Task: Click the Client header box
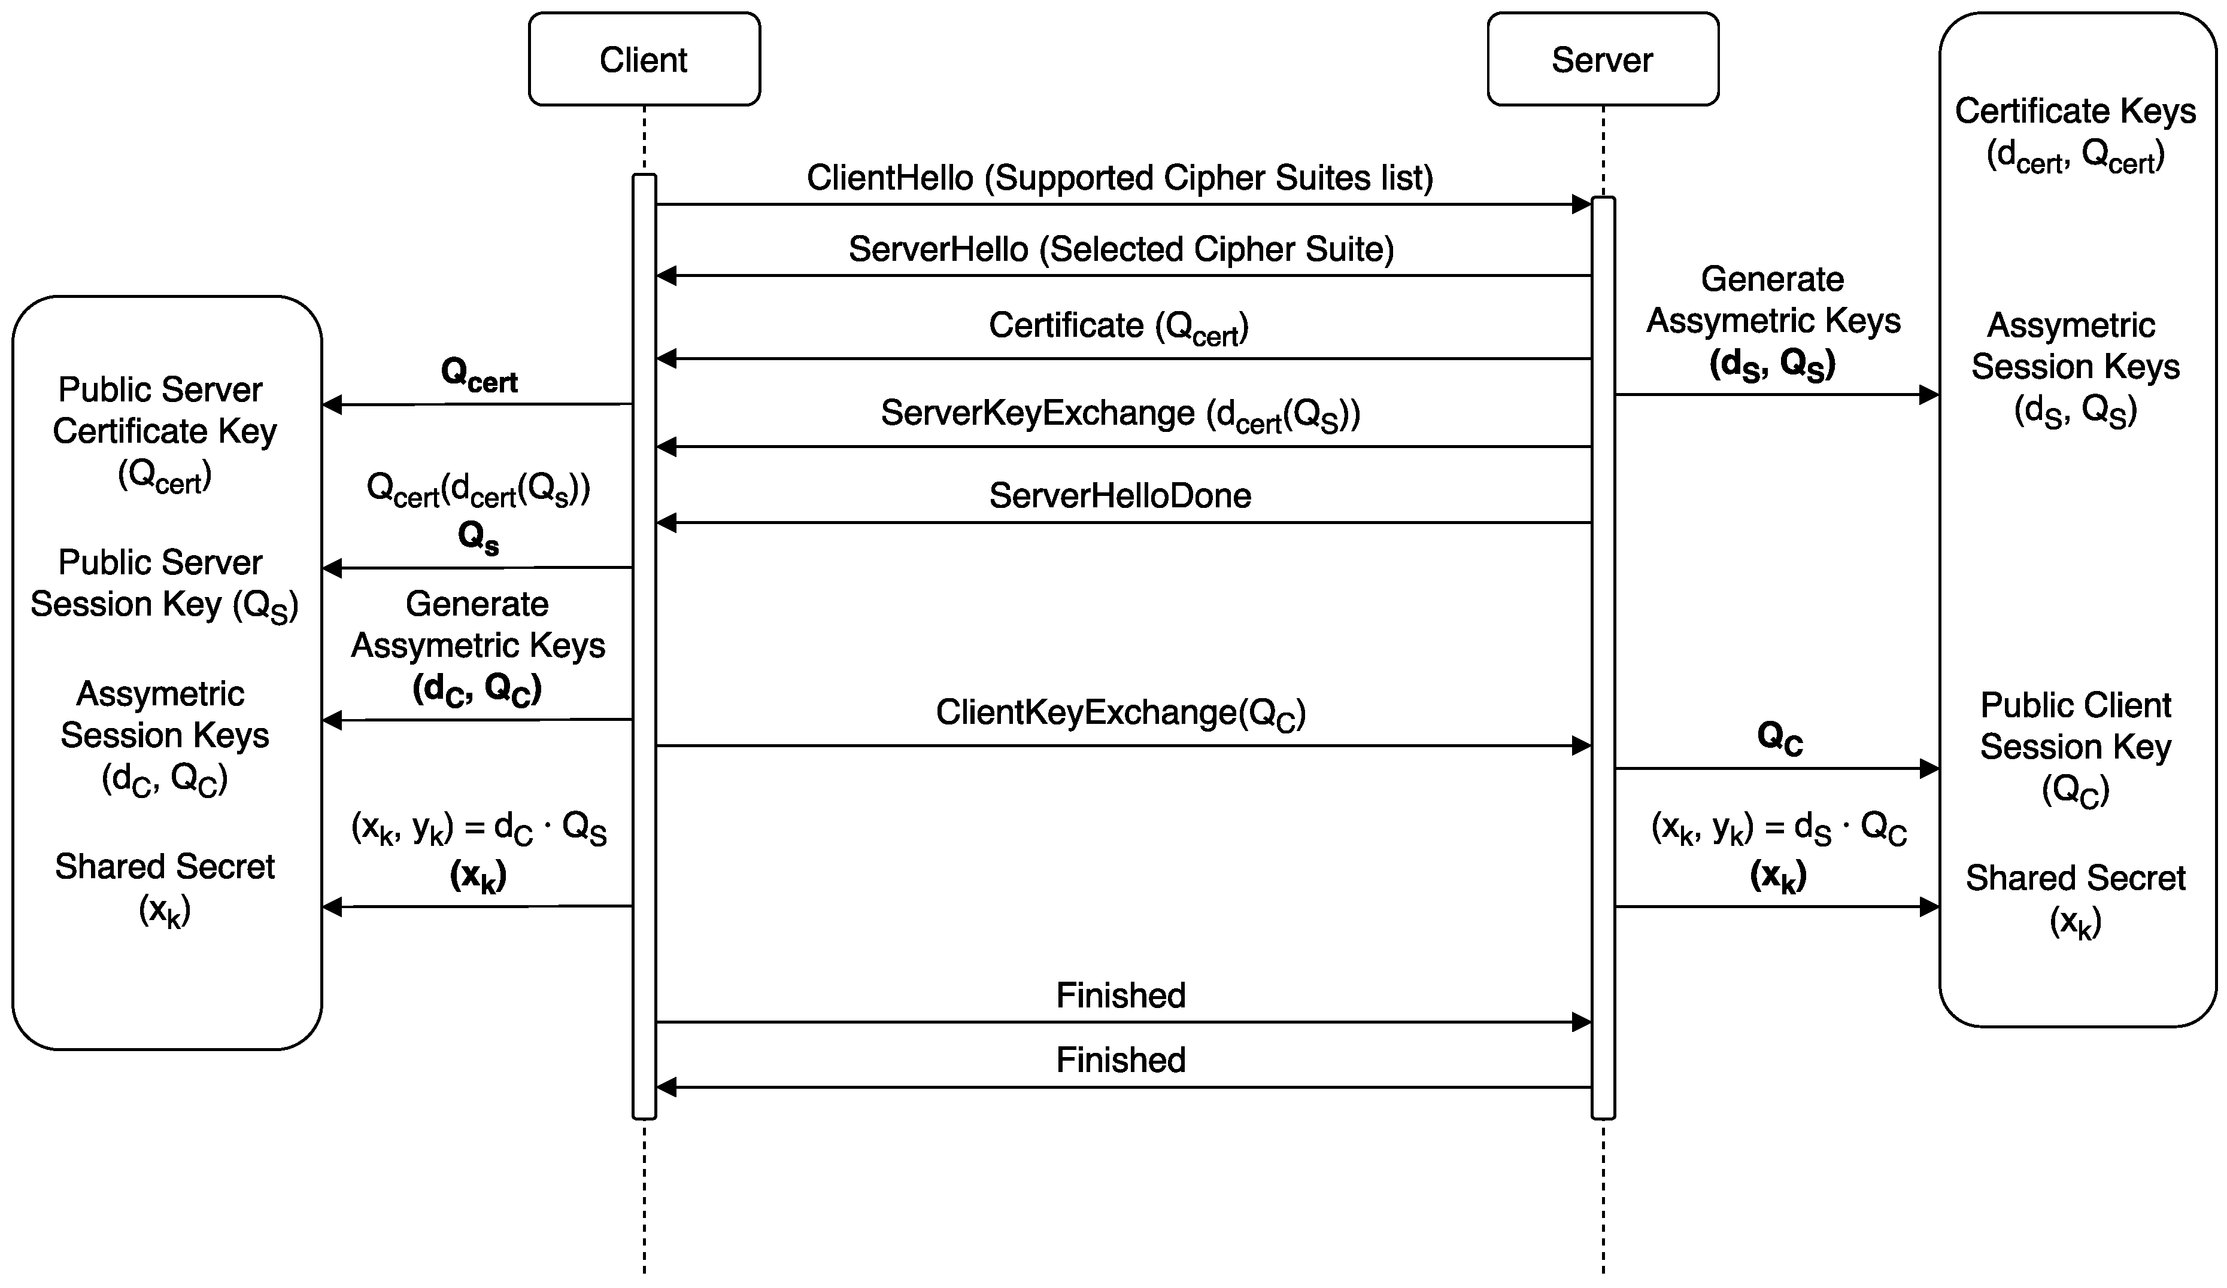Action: pos(644,59)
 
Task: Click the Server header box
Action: pos(1601,59)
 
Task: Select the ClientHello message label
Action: pos(1119,178)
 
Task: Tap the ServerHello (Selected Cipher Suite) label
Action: pos(1121,249)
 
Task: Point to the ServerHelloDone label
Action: pos(1119,495)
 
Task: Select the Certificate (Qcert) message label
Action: pos(1118,327)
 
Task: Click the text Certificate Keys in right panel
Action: pos(2074,111)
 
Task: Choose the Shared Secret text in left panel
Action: pos(165,867)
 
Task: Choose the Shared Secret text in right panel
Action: pos(2074,878)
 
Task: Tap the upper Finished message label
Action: pos(1119,995)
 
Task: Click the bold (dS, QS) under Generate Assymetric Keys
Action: pos(1772,364)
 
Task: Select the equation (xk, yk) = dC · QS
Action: pos(478,829)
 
